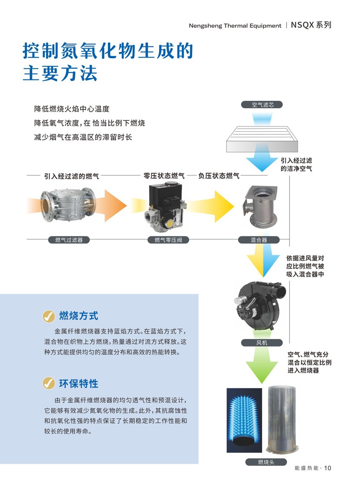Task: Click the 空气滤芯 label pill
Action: coord(262,104)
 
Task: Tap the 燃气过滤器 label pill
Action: coord(69,240)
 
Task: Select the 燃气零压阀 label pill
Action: coord(168,240)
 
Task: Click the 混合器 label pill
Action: coord(259,240)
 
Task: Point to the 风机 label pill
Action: coord(262,342)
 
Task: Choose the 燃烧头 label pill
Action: coord(266,462)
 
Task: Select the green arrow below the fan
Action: coord(262,365)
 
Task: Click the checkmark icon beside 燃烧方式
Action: coord(49,316)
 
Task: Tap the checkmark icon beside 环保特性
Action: coord(49,384)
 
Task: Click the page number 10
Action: coord(327,468)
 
